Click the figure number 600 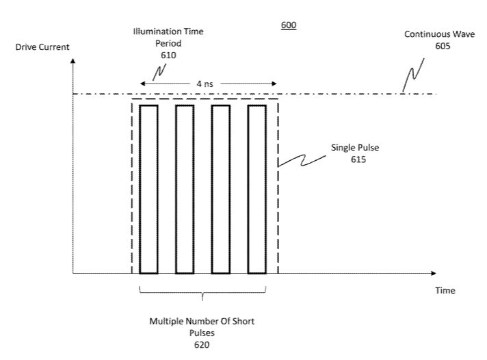pyautogui.click(x=289, y=25)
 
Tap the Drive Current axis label pyautogui.click(x=42, y=47)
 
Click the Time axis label pyautogui.click(x=445, y=290)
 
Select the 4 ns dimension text pyautogui.click(x=205, y=83)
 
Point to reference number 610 pyautogui.click(x=168, y=55)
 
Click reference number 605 pyautogui.click(x=443, y=46)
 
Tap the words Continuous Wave pyautogui.click(x=440, y=34)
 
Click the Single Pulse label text pyautogui.click(x=355, y=147)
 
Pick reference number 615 pyautogui.click(x=358, y=159)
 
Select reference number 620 pyautogui.click(x=202, y=344)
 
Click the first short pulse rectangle pyautogui.click(x=140, y=190)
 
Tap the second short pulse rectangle pyautogui.click(x=176, y=190)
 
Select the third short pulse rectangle pyautogui.click(x=212, y=190)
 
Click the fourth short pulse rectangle pyautogui.click(x=248, y=190)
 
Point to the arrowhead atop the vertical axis pyautogui.click(x=73, y=60)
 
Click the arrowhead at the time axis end pyautogui.click(x=434, y=273)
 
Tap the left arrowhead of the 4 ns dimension pyautogui.click(x=142, y=83)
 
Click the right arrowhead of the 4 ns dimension pyautogui.click(x=274, y=83)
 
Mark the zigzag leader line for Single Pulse pyautogui.click(x=302, y=161)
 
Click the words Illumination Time pyautogui.click(x=168, y=31)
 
